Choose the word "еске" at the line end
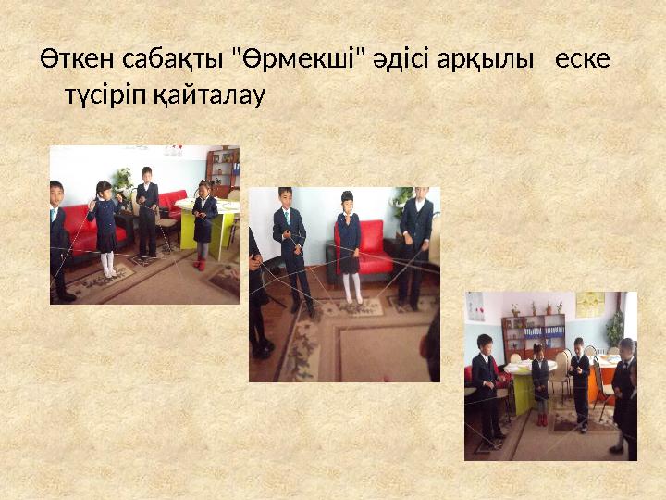click(583, 59)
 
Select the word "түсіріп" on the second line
click(105, 94)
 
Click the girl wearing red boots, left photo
click(204, 228)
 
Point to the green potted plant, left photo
click(123, 179)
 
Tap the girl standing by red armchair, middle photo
click(349, 245)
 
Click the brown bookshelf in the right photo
click(534, 334)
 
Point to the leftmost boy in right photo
click(486, 384)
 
